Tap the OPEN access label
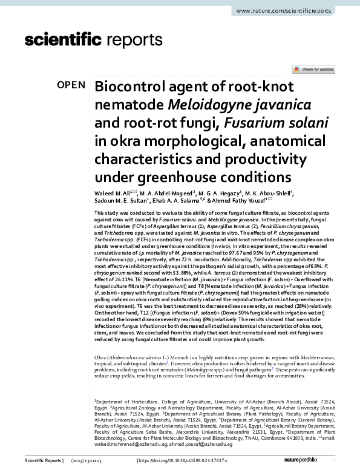pos(71,85)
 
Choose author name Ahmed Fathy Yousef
pos(241,201)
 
